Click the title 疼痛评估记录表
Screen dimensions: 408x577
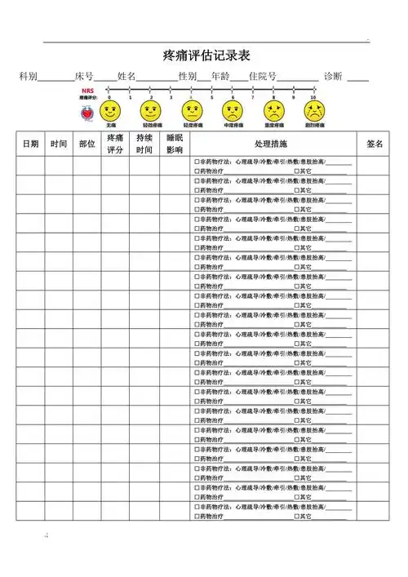pos(206,55)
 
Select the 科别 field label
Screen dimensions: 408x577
pos(29,76)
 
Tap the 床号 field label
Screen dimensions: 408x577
pos(84,76)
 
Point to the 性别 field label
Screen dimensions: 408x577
pos(187,76)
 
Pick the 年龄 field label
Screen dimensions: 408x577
pos(220,76)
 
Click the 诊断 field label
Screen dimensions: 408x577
pos(333,76)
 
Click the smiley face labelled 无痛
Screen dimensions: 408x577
pos(110,109)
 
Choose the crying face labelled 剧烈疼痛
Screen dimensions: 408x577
pos(314,109)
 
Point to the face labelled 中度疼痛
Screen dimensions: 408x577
pos(233,109)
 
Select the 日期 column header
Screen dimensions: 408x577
pos(30,143)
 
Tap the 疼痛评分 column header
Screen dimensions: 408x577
pos(115,143)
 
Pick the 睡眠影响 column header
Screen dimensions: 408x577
pos(175,143)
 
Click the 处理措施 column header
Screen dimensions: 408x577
pos(272,143)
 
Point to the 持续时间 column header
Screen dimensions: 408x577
pos(144,143)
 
